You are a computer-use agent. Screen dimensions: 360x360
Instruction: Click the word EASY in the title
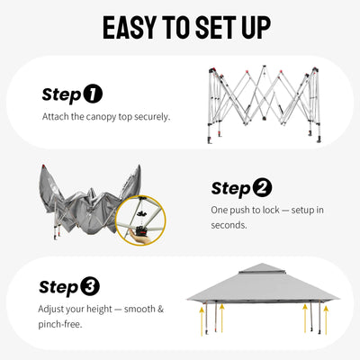(130, 28)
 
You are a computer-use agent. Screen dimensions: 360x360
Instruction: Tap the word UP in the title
(256, 28)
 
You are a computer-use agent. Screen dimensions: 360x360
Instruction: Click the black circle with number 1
(93, 94)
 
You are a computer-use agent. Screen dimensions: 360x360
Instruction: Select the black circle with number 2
(262, 188)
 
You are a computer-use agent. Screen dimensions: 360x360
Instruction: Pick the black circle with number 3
(90, 286)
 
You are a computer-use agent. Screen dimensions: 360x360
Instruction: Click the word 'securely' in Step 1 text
(152, 117)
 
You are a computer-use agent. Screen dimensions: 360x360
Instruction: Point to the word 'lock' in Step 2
(271, 210)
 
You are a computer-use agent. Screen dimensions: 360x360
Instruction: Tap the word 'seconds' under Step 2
(229, 225)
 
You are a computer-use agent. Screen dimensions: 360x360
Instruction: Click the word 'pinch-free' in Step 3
(60, 324)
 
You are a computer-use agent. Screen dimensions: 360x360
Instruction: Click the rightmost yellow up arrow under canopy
(326, 319)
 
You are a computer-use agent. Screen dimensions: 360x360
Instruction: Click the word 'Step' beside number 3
(58, 287)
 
